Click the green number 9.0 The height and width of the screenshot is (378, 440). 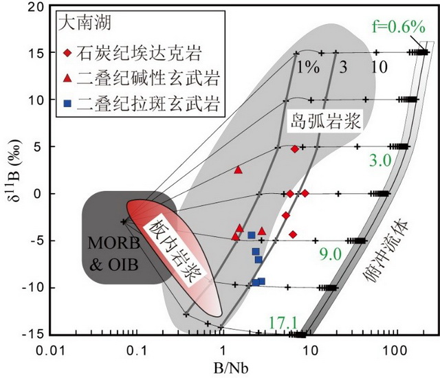tap(329, 254)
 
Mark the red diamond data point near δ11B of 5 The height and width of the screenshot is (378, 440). tap(294, 149)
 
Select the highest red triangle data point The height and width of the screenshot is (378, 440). tap(239, 169)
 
